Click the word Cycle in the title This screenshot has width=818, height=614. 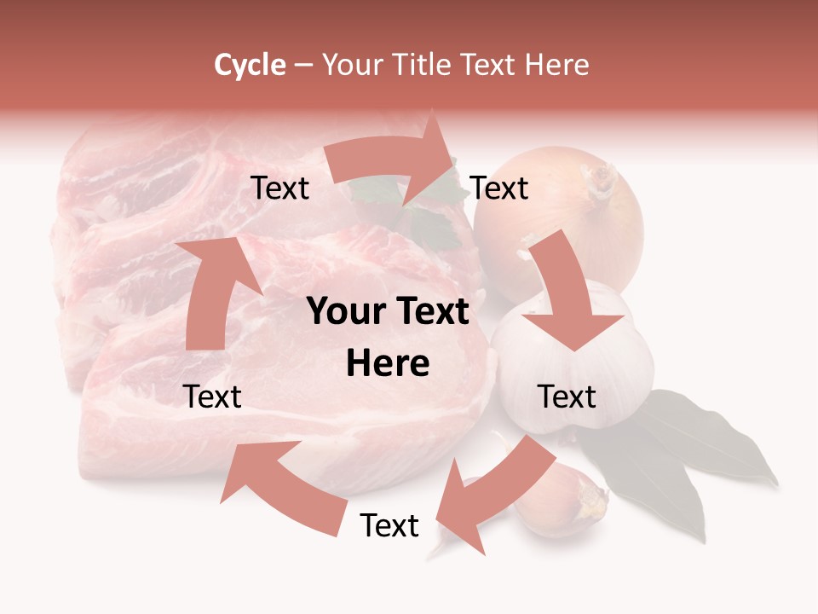(x=250, y=65)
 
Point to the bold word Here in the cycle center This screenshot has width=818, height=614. (x=388, y=364)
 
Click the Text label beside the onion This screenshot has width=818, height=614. (x=499, y=188)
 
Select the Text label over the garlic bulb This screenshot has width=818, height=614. (x=567, y=397)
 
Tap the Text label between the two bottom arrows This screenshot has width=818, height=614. (x=389, y=525)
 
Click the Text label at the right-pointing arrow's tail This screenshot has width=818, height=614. (x=279, y=188)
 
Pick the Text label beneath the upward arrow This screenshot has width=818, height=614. (x=213, y=397)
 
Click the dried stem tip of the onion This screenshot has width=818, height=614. (x=602, y=180)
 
